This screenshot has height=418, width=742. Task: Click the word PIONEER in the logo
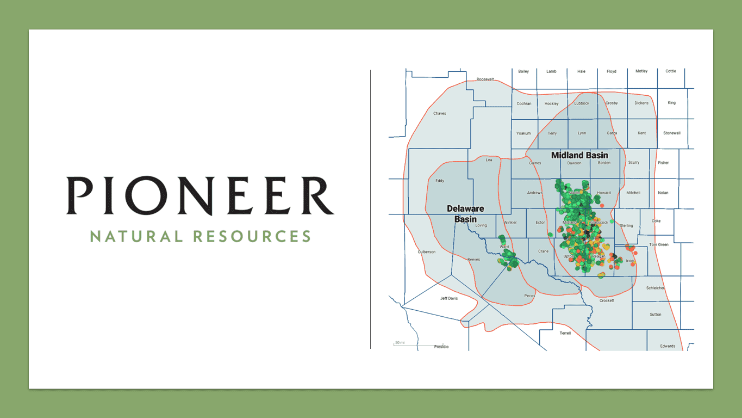pyautogui.click(x=200, y=195)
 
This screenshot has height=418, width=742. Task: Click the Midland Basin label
pyautogui.click(x=579, y=155)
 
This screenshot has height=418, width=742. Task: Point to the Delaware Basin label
pyautogui.click(x=465, y=214)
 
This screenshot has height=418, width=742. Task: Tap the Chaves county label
pyautogui.click(x=440, y=113)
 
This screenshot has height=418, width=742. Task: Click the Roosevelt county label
pyautogui.click(x=485, y=79)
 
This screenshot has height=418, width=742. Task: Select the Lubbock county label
pyautogui.click(x=582, y=103)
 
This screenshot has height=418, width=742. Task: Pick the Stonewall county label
pyautogui.click(x=671, y=133)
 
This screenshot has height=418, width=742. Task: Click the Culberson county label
pyautogui.click(x=427, y=252)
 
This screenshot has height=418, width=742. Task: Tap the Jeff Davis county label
pyautogui.click(x=449, y=298)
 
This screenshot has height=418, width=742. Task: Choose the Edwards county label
pyautogui.click(x=668, y=346)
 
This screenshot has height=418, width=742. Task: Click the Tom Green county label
pyautogui.click(x=659, y=244)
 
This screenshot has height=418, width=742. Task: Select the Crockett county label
pyautogui.click(x=607, y=300)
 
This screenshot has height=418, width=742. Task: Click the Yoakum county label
pyautogui.click(x=523, y=133)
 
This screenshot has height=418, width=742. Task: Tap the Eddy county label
pyautogui.click(x=440, y=181)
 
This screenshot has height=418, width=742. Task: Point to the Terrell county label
pyautogui.click(x=565, y=333)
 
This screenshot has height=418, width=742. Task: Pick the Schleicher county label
pyautogui.click(x=655, y=288)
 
